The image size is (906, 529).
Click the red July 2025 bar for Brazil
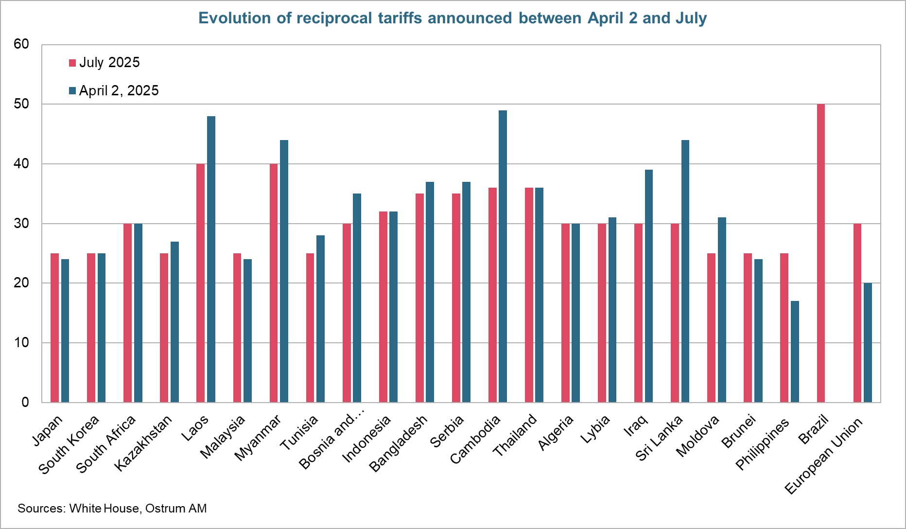820,253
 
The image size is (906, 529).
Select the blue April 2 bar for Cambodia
503,256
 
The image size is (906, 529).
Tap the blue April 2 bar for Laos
211,259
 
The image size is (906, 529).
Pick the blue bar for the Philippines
795,352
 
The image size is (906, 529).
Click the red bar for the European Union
857,313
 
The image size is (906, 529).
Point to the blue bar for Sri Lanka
685,271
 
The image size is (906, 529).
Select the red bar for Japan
55,328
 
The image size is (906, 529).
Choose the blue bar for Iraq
648,286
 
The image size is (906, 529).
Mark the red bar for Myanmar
274,283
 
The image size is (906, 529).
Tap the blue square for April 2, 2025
72,91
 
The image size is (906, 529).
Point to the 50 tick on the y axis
21,104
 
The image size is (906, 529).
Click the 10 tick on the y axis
21,343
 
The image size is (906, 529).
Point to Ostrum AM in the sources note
176,509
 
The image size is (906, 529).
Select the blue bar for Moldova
722,310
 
